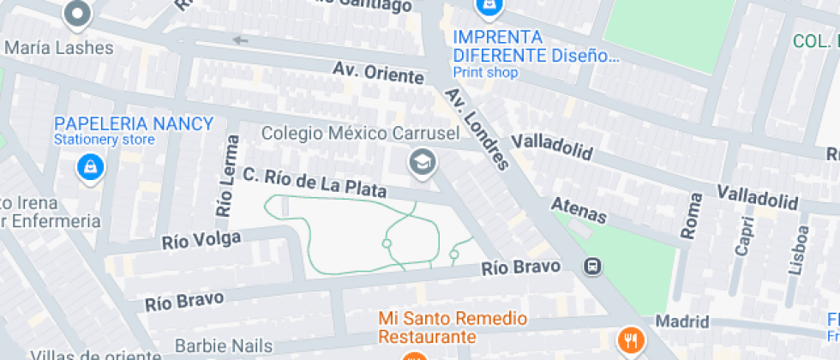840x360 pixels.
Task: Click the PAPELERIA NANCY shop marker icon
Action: (90, 167)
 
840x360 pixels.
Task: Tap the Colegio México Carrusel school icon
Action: (421, 162)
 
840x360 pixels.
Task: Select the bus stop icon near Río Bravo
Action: (592, 267)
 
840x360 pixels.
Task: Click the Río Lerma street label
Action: (226, 175)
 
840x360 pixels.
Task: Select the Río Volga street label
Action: (201, 241)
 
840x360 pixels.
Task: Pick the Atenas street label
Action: (579, 211)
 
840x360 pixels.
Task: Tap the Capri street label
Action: (744, 235)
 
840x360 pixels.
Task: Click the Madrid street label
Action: (682, 321)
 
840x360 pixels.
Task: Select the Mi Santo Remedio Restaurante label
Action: (453, 327)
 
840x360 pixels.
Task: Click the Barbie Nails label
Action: (223, 346)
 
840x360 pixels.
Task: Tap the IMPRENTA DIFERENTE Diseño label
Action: (535, 47)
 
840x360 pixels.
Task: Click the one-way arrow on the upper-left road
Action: (240, 39)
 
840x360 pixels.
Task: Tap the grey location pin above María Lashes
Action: (78, 14)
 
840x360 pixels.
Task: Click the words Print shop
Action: (485, 73)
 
